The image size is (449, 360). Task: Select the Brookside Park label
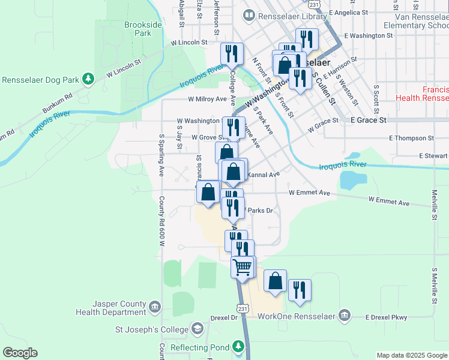(x=138, y=29)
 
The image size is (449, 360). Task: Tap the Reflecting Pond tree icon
(x=239, y=346)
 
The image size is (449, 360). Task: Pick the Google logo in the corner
(x=20, y=353)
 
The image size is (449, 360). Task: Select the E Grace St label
(x=369, y=120)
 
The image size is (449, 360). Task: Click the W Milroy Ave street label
(x=207, y=99)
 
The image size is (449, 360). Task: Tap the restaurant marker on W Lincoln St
(x=231, y=53)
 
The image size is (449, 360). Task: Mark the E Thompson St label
(x=411, y=138)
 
